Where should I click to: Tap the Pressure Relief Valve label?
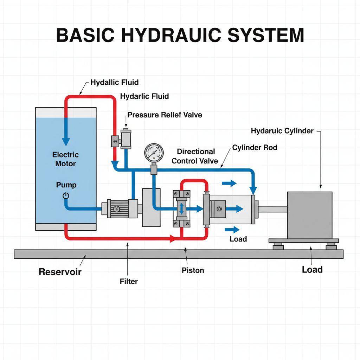tap(165, 115)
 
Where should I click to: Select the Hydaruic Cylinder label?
tap(282, 131)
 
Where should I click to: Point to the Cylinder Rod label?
tap(255, 148)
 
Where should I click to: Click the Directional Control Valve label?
tap(195, 156)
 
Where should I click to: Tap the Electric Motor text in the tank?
tap(65, 159)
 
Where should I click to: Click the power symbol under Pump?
tap(66, 196)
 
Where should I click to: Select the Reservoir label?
tap(60, 272)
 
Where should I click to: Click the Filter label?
tap(129, 281)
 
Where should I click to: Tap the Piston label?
tap(193, 270)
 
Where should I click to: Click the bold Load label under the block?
tap(312, 270)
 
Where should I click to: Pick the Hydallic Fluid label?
tap(115, 83)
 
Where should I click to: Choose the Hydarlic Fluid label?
tap(144, 96)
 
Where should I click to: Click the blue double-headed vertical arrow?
tap(181, 208)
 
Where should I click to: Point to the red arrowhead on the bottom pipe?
tap(173, 239)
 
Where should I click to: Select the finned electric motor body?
tap(116, 208)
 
